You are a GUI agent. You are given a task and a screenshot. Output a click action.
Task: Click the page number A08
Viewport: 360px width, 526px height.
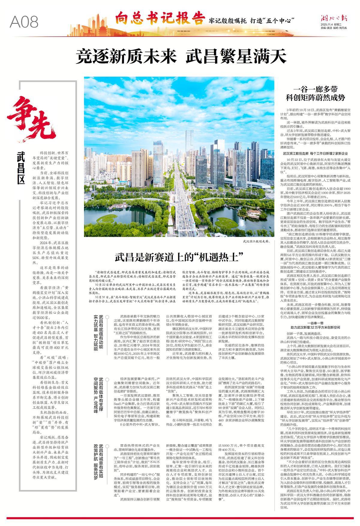pyautogui.click(x=24, y=22)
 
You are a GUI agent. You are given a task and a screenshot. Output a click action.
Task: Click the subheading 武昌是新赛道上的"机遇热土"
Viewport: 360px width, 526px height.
pyautogui.click(x=179, y=257)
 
